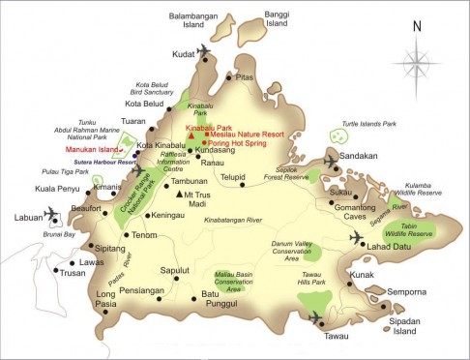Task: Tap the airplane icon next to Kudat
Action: pos(203,49)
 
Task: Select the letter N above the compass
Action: pos(416,27)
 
